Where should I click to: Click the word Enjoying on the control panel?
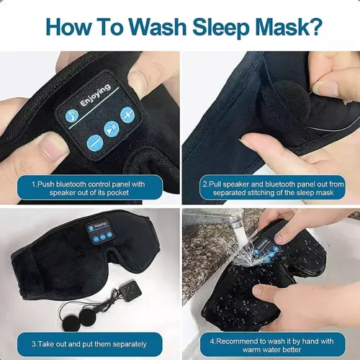(x=96, y=94)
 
